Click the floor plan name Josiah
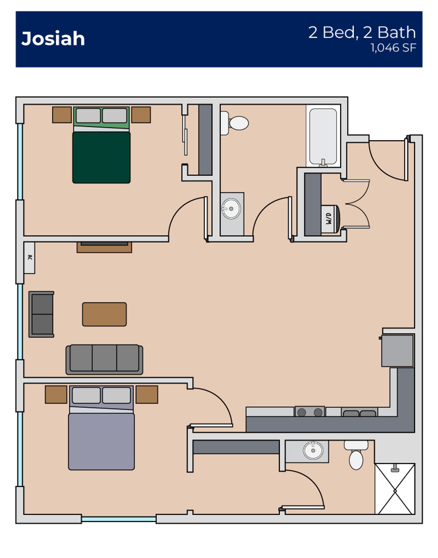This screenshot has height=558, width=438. [53, 39]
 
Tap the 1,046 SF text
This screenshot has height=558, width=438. [393, 48]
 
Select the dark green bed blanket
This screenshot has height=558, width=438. [101, 157]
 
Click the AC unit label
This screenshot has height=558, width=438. [29, 257]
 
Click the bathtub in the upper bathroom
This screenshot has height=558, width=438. [323, 136]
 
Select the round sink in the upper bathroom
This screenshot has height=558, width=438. [231, 209]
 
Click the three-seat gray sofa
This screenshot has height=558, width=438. [104, 359]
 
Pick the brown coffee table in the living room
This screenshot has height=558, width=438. [104, 314]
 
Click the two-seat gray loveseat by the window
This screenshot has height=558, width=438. [42, 314]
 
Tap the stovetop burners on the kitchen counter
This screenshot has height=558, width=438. [310, 412]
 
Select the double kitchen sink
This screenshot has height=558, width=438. [359, 413]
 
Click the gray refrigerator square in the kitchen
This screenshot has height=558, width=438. [397, 350]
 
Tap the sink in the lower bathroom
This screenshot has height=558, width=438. [313, 450]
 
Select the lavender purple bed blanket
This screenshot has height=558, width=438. [101, 441]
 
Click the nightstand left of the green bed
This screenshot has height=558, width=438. [62, 115]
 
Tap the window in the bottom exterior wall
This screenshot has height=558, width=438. [119, 519]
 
